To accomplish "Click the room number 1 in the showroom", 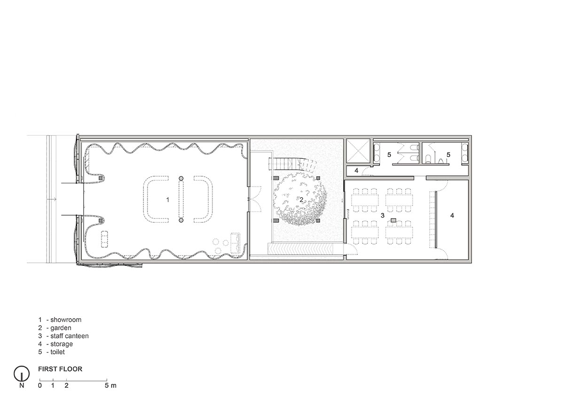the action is pos(168,200).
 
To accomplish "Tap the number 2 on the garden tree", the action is pos(301,200).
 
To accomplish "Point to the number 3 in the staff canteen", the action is pos(383,216).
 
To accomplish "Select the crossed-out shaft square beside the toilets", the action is pos(358,151).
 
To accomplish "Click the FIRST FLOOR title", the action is pos(60,369).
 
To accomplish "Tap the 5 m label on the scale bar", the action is pos(110,385).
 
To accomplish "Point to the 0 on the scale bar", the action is pos(40,385).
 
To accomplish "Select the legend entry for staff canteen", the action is pos(63,336).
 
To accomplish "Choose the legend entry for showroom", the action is pos(60,320).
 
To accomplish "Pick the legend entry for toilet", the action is pos(52,352).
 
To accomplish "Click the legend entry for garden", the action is pos(55,328).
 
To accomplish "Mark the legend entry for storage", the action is pos(55,344).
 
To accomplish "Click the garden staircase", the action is pos(292,164).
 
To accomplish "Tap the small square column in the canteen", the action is pos(393,220).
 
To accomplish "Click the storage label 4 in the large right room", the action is pos(452,216).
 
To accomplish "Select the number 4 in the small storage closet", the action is pos(356,171).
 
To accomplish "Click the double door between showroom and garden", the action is pos(255,199).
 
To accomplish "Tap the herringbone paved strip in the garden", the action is pos(300,249).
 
